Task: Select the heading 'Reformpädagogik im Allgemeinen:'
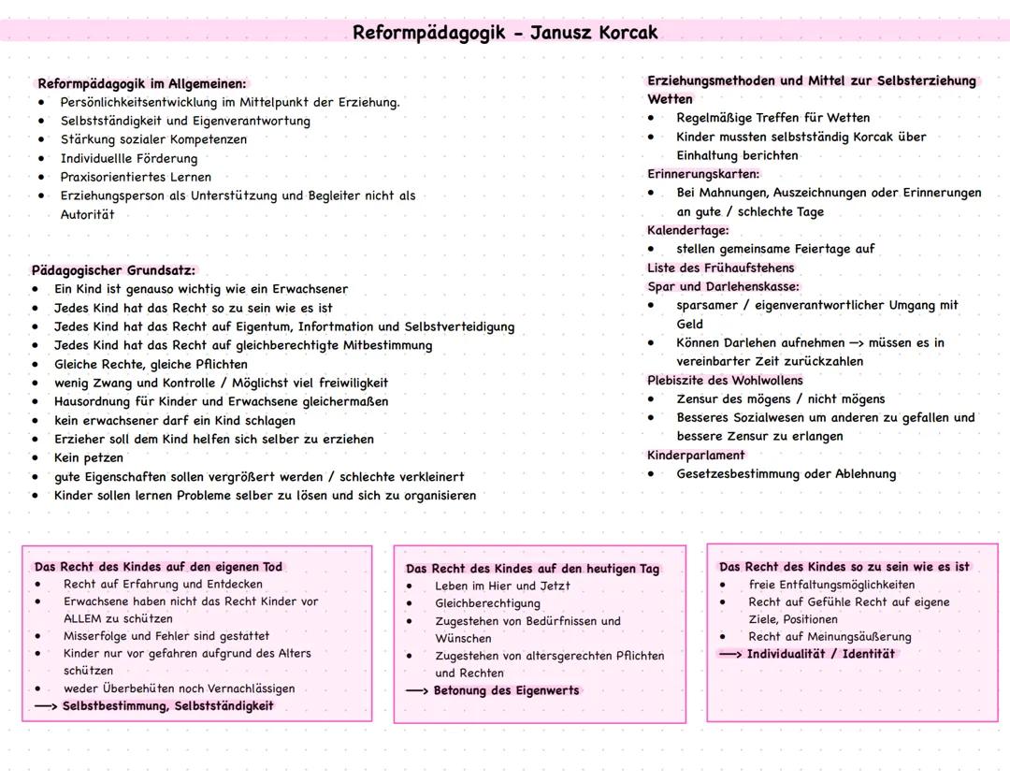tap(142, 83)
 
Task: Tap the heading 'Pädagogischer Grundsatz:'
tap(113, 270)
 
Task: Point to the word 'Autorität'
tap(87, 214)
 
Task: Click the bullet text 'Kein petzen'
tap(89, 457)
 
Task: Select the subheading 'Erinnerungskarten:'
tap(703, 174)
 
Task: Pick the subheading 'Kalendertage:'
tap(687, 230)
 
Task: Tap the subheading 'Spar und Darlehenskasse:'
tap(723, 286)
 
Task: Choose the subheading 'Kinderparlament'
tap(696, 455)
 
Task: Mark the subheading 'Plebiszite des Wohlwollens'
tap(725, 380)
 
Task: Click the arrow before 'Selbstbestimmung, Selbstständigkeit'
tap(45, 706)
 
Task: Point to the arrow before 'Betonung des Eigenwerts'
tap(417, 690)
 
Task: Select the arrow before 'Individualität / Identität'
tap(730, 654)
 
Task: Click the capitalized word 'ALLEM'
tap(82, 618)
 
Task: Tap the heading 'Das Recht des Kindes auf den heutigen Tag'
tap(532, 569)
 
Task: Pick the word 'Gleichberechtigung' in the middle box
tap(487, 603)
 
